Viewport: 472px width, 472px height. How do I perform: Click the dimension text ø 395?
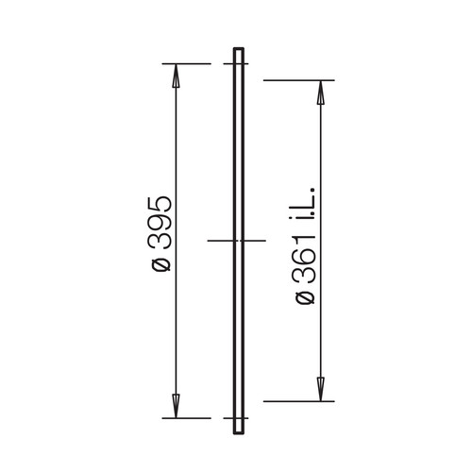click(161, 233)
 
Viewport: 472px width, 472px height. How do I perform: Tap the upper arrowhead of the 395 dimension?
click(176, 76)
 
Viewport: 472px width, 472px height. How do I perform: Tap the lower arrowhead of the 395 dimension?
click(176, 406)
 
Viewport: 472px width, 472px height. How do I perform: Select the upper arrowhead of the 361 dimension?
click(320, 93)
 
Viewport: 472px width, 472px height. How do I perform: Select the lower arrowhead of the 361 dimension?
click(320, 390)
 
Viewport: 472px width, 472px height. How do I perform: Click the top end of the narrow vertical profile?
click(239, 48)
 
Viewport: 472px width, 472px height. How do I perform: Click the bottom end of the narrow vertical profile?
click(239, 433)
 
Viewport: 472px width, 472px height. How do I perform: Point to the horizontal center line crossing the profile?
click(237, 241)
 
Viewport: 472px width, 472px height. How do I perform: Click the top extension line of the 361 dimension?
click(299, 80)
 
